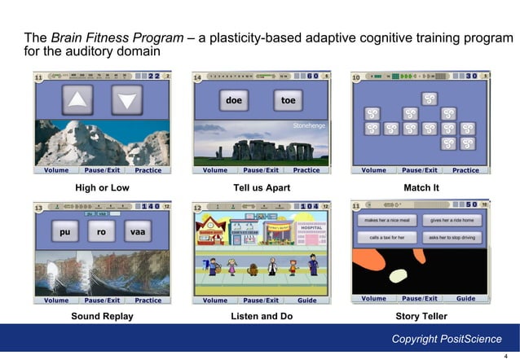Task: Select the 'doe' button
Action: coord(235,101)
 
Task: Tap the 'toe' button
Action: coord(288,101)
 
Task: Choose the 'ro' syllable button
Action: coord(101,232)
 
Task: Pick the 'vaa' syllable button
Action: coord(137,232)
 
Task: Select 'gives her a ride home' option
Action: coord(451,221)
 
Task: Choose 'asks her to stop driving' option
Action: coord(451,237)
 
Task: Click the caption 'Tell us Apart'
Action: coord(261,188)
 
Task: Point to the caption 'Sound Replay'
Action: coord(102,316)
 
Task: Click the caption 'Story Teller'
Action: coord(421,316)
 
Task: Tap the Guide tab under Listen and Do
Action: coord(307,301)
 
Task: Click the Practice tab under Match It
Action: coord(465,170)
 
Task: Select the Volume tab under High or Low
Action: coord(56,170)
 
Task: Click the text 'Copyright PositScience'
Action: coord(447,339)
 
